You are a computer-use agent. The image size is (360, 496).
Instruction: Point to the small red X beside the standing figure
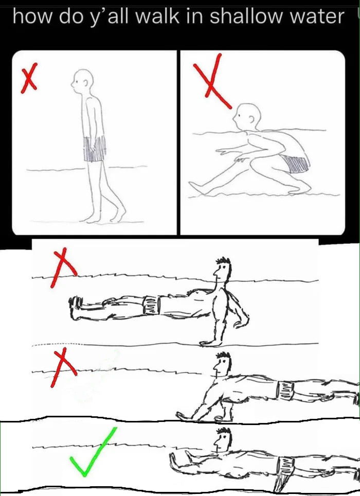(29, 78)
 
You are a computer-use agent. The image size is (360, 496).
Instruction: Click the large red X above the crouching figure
(212, 81)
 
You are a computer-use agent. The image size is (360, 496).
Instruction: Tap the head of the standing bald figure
(83, 81)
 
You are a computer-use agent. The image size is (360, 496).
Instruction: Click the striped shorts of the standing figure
(95, 149)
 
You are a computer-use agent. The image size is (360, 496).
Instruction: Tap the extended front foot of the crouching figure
(196, 187)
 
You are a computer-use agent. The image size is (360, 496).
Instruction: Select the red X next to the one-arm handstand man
(64, 268)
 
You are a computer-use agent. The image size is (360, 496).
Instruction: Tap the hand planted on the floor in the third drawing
(211, 343)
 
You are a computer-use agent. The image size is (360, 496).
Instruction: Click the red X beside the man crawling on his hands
(64, 367)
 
